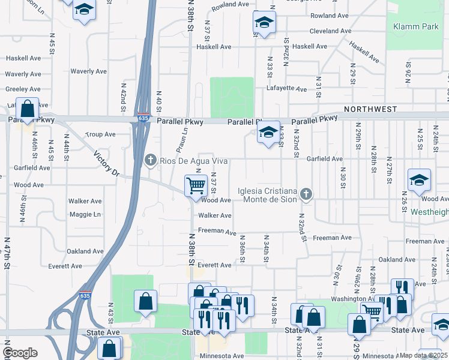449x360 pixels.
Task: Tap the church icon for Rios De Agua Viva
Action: tap(151, 160)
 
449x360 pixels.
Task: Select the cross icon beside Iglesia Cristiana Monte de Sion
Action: tap(306, 193)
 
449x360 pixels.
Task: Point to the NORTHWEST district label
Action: tap(370, 109)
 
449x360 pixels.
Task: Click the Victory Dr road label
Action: tap(107, 164)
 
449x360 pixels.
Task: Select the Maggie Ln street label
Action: tap(85, 214)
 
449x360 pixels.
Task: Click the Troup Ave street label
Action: tap(100, 134)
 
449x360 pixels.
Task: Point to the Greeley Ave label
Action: tap(23, 89)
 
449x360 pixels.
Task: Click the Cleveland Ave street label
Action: tap(330, 31)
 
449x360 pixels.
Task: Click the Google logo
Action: tap(20, 353)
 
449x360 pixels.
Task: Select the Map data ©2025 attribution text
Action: tap(423, 355)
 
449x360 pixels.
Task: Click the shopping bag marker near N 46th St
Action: tap(28, 109)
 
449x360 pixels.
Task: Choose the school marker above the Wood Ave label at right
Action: tap(419, 179)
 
